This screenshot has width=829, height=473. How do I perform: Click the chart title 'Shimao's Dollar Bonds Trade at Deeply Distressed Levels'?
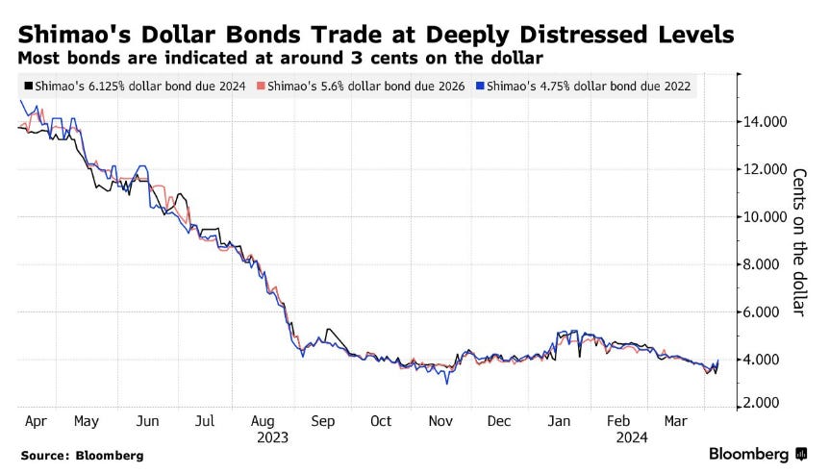376,36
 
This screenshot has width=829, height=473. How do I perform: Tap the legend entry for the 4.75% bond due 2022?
589,87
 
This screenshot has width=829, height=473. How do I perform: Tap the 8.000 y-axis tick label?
766,264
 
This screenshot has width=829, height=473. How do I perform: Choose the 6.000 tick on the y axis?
766,312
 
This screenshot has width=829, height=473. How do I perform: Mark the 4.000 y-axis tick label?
766,360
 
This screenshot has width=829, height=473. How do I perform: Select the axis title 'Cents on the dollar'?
798,241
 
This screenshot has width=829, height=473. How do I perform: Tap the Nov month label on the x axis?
440,421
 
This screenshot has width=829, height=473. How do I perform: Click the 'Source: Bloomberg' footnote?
82,455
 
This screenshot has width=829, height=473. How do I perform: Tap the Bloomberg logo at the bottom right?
757,454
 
